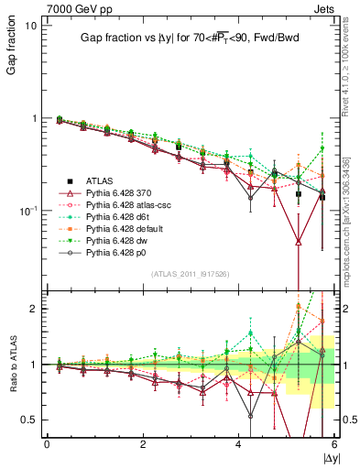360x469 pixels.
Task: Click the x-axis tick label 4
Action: point(238,444)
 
